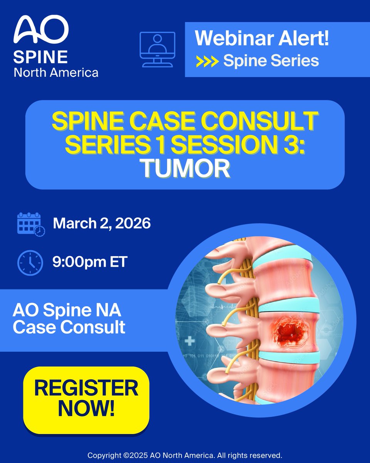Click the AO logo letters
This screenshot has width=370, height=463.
coord(41,30)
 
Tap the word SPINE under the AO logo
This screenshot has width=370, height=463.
coord(40,57)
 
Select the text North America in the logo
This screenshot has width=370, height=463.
coord(56,72)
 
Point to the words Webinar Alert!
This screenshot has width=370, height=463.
coord(262,39)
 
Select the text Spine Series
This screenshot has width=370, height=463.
coord(271,61)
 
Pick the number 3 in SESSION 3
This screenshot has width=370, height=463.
coord(297,145)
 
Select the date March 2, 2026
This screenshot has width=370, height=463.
coord(101,224)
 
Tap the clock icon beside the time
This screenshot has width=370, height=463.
coord(30,263)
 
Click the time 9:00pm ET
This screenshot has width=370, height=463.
coord(90,263)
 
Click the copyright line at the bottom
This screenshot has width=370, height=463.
coord(185,455)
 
